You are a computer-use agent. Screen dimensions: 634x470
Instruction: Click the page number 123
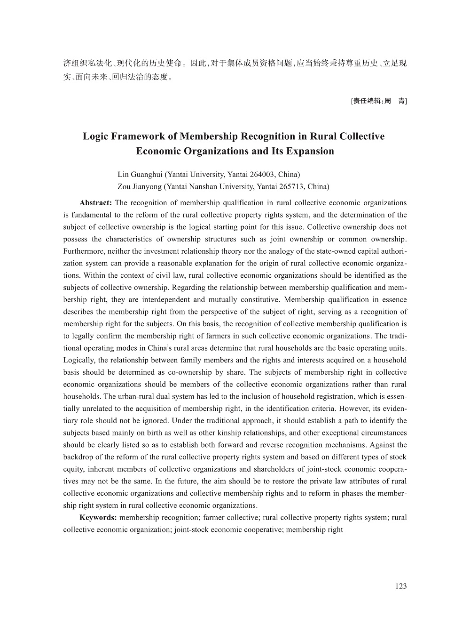coord(401,586)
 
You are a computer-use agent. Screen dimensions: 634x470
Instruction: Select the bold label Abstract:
coord(95,203)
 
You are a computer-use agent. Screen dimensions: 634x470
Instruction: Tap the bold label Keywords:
coord(98,518)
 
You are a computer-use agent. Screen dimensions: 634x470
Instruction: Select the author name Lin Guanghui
coord(140,174)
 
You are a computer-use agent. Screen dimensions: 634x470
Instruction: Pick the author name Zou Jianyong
coord(140,186)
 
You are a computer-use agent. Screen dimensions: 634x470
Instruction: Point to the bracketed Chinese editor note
coord(379,101)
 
